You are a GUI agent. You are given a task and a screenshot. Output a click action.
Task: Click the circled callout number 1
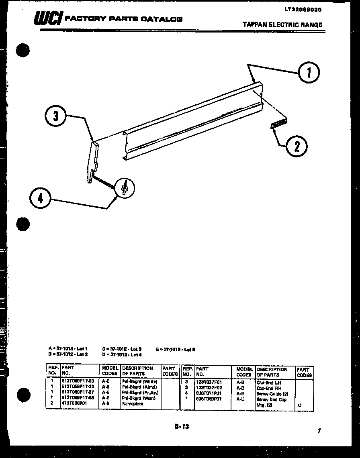click(309, 73)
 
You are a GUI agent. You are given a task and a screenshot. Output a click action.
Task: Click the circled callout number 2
click(297, 147)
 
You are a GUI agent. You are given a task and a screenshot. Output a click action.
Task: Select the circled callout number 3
click(56, 116)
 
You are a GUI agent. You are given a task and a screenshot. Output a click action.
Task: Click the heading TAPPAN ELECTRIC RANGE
click(282, 25)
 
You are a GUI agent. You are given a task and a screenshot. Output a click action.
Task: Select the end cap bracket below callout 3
click(94, 161)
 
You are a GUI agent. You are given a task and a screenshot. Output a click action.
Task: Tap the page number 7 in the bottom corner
click(319, 432)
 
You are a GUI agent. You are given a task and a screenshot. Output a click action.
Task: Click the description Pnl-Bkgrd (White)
click(139, 381)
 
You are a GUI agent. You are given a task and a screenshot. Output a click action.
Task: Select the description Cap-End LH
click(269, 383)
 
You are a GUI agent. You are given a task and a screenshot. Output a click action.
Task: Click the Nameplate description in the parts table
click(133, 403)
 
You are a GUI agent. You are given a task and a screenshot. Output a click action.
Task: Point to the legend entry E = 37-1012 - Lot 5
click(176, 349)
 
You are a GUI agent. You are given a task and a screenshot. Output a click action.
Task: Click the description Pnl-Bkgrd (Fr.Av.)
click(140, 392)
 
